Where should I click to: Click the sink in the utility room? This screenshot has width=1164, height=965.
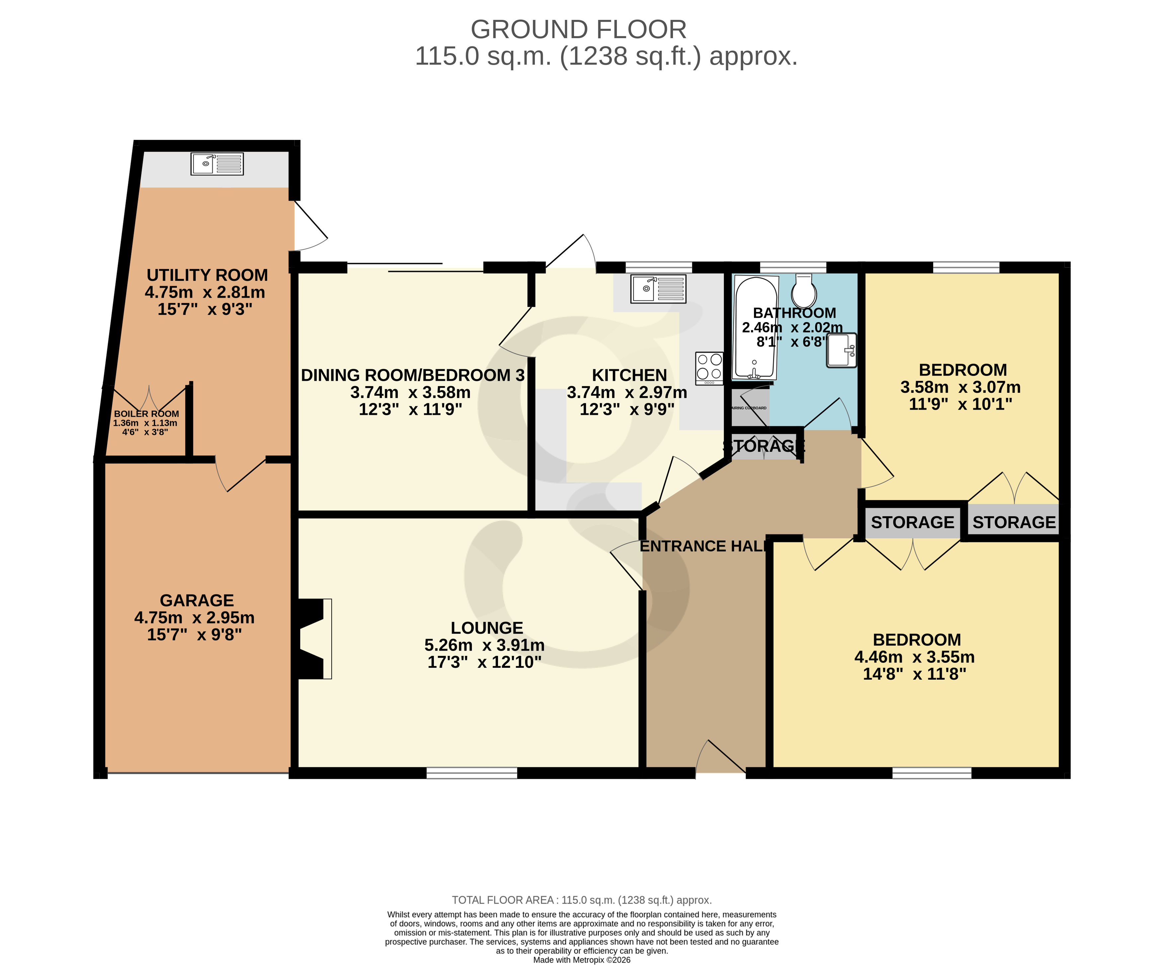217,164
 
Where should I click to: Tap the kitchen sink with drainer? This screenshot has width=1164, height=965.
658,289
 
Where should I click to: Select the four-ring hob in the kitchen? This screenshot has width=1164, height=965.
709,368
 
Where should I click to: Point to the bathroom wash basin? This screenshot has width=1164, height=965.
841,350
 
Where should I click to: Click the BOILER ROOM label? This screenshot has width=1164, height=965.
146,414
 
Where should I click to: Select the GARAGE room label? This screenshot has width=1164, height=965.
197,600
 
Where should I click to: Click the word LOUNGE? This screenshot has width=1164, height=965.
487,628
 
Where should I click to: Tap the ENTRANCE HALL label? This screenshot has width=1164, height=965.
703,546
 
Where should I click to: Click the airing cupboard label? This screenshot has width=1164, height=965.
749,408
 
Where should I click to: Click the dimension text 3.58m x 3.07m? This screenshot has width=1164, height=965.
960,387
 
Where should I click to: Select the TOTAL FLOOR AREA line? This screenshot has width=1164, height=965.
581,900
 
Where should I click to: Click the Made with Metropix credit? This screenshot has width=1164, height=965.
581,960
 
